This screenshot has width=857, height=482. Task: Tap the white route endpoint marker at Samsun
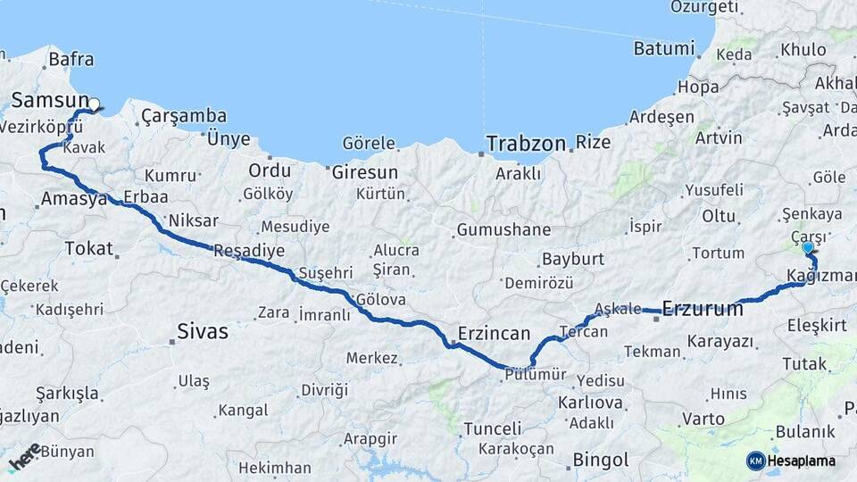click(x=94, y=105)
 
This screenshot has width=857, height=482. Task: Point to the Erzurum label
click(x=703, y=310)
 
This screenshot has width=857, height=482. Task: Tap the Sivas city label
click(x=203, y=332)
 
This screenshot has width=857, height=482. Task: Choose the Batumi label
click(x=663, y=48)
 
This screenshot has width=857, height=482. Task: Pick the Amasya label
click(x=73, y=199)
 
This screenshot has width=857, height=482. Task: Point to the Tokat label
click(x=90, y=249)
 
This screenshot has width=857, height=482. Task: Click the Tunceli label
click(x=492, y=429)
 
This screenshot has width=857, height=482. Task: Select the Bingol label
click(x=601, y=461)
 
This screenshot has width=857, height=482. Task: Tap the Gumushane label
click(x=503, y=230)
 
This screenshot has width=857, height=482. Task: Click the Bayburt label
click(x=572, y=260)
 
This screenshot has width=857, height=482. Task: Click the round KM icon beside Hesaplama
click(x=755, y=461)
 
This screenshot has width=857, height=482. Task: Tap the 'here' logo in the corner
click(x=24, y=456)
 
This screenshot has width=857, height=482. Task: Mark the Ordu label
click(x=270, y=170)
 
